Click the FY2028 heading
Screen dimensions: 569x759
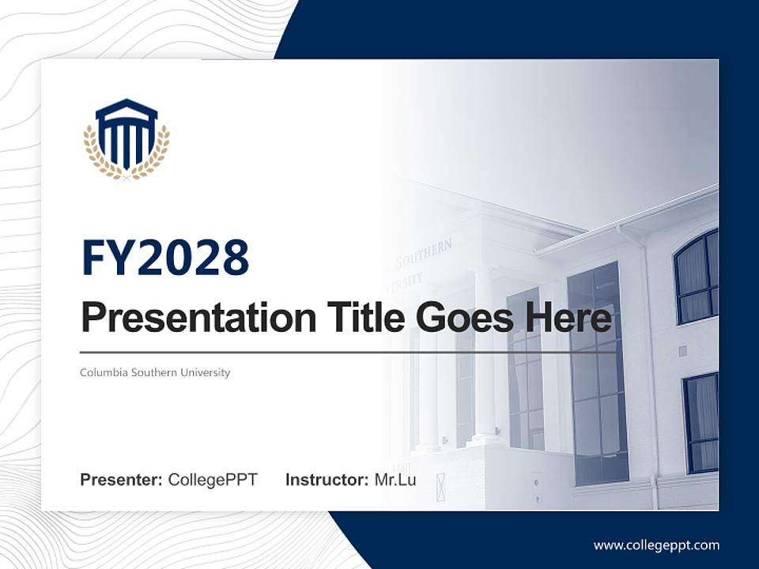(165, 258)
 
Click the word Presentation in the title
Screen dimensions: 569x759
(195, 318)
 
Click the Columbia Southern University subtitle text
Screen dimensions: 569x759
(155, 372)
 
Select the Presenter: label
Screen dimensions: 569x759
(122, 480)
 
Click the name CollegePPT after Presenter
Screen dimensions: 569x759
(213, 480)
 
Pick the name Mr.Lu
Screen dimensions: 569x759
(395, 480)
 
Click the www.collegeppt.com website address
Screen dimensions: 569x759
(656, 545)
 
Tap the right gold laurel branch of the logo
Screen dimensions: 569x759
(160, 154)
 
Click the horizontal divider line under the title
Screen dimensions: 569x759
(348, 352)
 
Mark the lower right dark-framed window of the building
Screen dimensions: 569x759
(700, 423)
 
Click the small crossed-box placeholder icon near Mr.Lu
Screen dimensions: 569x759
(440, 480)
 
